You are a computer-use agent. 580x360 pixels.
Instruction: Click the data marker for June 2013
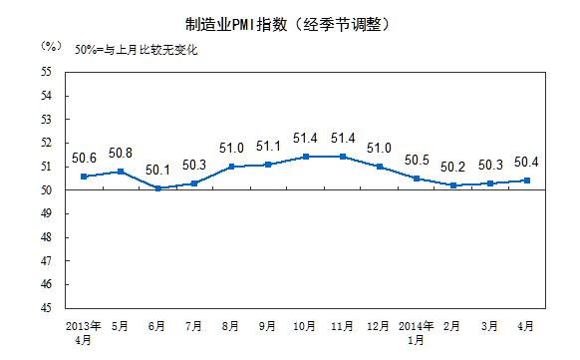click(x=157, y=187)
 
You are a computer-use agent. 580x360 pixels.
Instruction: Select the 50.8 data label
click(x=121, y=154)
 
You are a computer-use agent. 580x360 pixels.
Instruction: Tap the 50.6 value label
click(x=85, y=158)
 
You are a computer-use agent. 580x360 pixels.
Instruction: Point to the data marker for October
click(x=306, y=157)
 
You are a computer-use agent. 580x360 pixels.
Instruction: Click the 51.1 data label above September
click(x=268, y=146)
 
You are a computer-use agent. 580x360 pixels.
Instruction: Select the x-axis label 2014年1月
click(x=417, y=332)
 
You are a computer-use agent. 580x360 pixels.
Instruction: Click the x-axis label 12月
click(x=379, y=326)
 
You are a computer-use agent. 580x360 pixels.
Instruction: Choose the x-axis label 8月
click(x=232, y=326)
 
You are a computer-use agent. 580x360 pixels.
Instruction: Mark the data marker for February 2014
click(x=453, y=185)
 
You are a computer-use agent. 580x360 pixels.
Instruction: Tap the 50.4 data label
click(x=527, y=162)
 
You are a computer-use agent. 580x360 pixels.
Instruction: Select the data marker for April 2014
click(x=527, y=180)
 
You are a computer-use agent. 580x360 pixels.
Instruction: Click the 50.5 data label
click(x=417, y=160)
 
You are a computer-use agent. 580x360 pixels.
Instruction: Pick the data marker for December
click(x=380, y=167)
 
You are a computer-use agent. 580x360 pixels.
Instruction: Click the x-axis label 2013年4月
click(x=85, y=332)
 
